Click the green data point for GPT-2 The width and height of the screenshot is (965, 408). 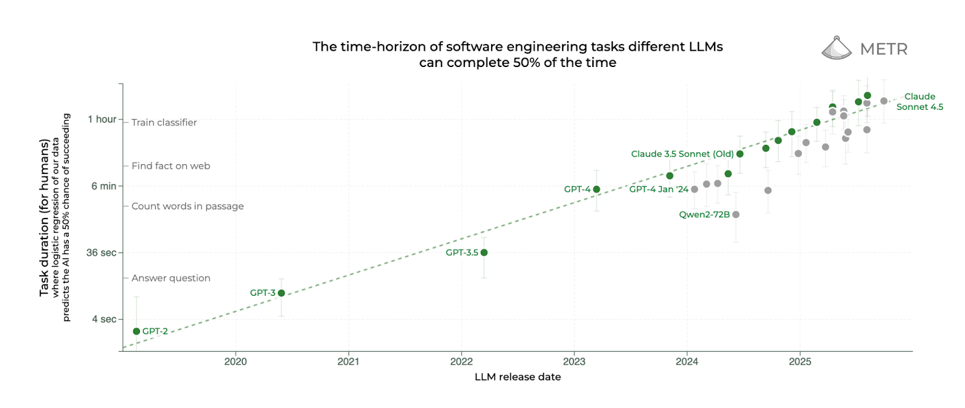[x=136, y=331]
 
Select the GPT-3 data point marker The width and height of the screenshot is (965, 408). [x=281, y=293]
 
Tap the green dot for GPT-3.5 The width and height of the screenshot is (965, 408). [x=484, y=253]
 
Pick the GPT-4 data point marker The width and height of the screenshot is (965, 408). [x=596, y=190]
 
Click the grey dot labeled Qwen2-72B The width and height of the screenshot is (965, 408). [x=736, y=215]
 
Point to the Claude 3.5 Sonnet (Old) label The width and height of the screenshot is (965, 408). [x=682, y=154]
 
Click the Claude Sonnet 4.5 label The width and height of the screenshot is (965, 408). [x=920, y=101]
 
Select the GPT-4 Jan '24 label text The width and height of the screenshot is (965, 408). [x=659, y=190]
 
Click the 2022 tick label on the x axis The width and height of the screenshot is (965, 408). [x=461, y=362]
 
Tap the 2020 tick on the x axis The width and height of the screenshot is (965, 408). [x=235, y=362]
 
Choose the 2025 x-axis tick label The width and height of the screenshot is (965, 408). [x=800, y=362]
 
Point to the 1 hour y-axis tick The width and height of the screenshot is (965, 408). [x=102, y=120]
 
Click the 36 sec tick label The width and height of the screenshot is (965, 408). [x=101, y=253]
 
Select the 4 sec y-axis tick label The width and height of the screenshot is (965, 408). [x=104, y=319]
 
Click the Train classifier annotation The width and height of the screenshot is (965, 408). [x=164, y=123]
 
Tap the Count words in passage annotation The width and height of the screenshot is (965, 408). [x=188, y=206]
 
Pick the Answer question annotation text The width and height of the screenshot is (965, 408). [x=171, y=278]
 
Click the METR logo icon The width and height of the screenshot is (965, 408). [x=836, y=48]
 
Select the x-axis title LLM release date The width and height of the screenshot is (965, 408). [x=517, y=377]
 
